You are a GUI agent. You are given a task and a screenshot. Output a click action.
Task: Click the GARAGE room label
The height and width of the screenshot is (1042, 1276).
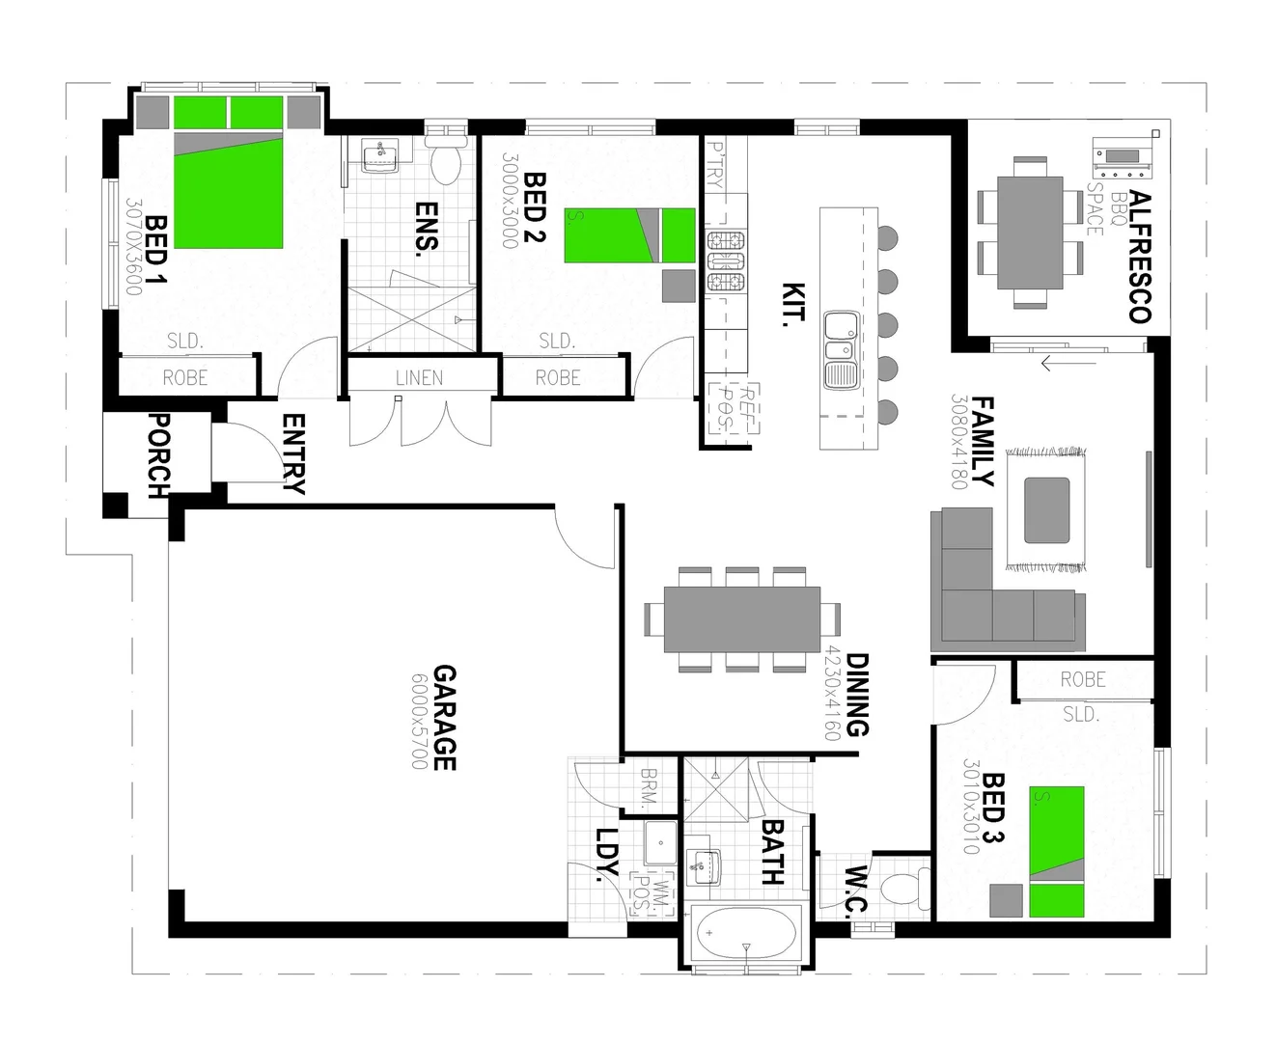444,717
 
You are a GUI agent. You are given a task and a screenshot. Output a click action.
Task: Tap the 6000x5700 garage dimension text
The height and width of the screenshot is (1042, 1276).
419,721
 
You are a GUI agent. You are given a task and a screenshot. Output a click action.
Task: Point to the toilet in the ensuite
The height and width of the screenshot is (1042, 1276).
446,165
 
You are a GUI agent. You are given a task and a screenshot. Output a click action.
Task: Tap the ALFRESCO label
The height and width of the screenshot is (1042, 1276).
1140,257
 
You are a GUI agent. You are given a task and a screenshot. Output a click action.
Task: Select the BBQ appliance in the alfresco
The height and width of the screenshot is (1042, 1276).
1123,157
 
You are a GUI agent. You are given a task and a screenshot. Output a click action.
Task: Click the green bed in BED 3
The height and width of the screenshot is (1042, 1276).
1056,851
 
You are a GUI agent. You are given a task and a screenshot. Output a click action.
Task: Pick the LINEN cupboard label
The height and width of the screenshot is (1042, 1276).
419,378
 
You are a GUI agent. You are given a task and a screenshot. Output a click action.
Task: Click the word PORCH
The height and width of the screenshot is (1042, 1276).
157,455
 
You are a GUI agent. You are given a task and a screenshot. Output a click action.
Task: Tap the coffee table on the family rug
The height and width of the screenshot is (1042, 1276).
1046,509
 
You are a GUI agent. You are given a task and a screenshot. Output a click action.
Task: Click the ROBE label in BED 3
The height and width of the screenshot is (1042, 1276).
1083,679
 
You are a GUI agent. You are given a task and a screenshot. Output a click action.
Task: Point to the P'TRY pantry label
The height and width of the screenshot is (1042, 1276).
716,161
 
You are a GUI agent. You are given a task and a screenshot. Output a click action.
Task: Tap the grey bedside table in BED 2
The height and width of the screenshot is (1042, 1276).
679,285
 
